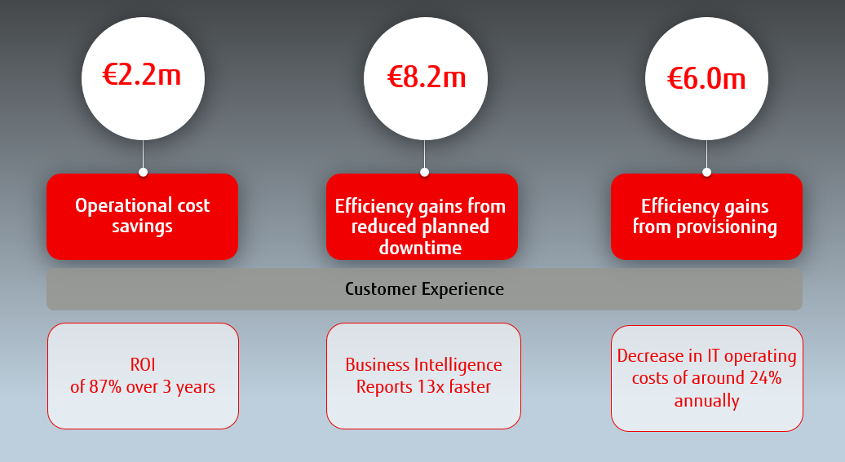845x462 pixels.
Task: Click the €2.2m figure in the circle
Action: pyautogui.click(x=142, y=74)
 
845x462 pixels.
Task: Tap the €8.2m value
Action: pyautogui.click(x=427, y=77)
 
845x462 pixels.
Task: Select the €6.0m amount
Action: pyautogui.click(x=706, y=78)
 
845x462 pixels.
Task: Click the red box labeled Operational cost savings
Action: pyautogui.click(x=142, y=217)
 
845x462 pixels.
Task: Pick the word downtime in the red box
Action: pyautogui.click(x=420, y=248)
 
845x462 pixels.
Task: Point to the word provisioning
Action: pyautogui.click(x=727, y=227)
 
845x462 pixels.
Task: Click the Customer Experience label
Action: pyautogui.click(x=425, y=289)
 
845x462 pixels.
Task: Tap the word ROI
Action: pyautogui.click(x=143, y=364)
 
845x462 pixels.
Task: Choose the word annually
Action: pyautogui.click(x=706, y=401)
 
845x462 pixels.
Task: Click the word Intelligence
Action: pyautogui.click(x=458, y=365)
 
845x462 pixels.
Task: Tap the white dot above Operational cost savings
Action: pyautogui.click(x=143, y=172)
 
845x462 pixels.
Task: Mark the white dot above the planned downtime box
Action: pyautogui.click(x=425, y=172)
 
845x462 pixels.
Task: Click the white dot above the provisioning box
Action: pyautogui.click(x=706, y=172)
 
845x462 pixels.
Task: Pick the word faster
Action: pyautogui.click(x=470, y=386)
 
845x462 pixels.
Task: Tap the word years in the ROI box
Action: pyautogui.click(x=196, y=388)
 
